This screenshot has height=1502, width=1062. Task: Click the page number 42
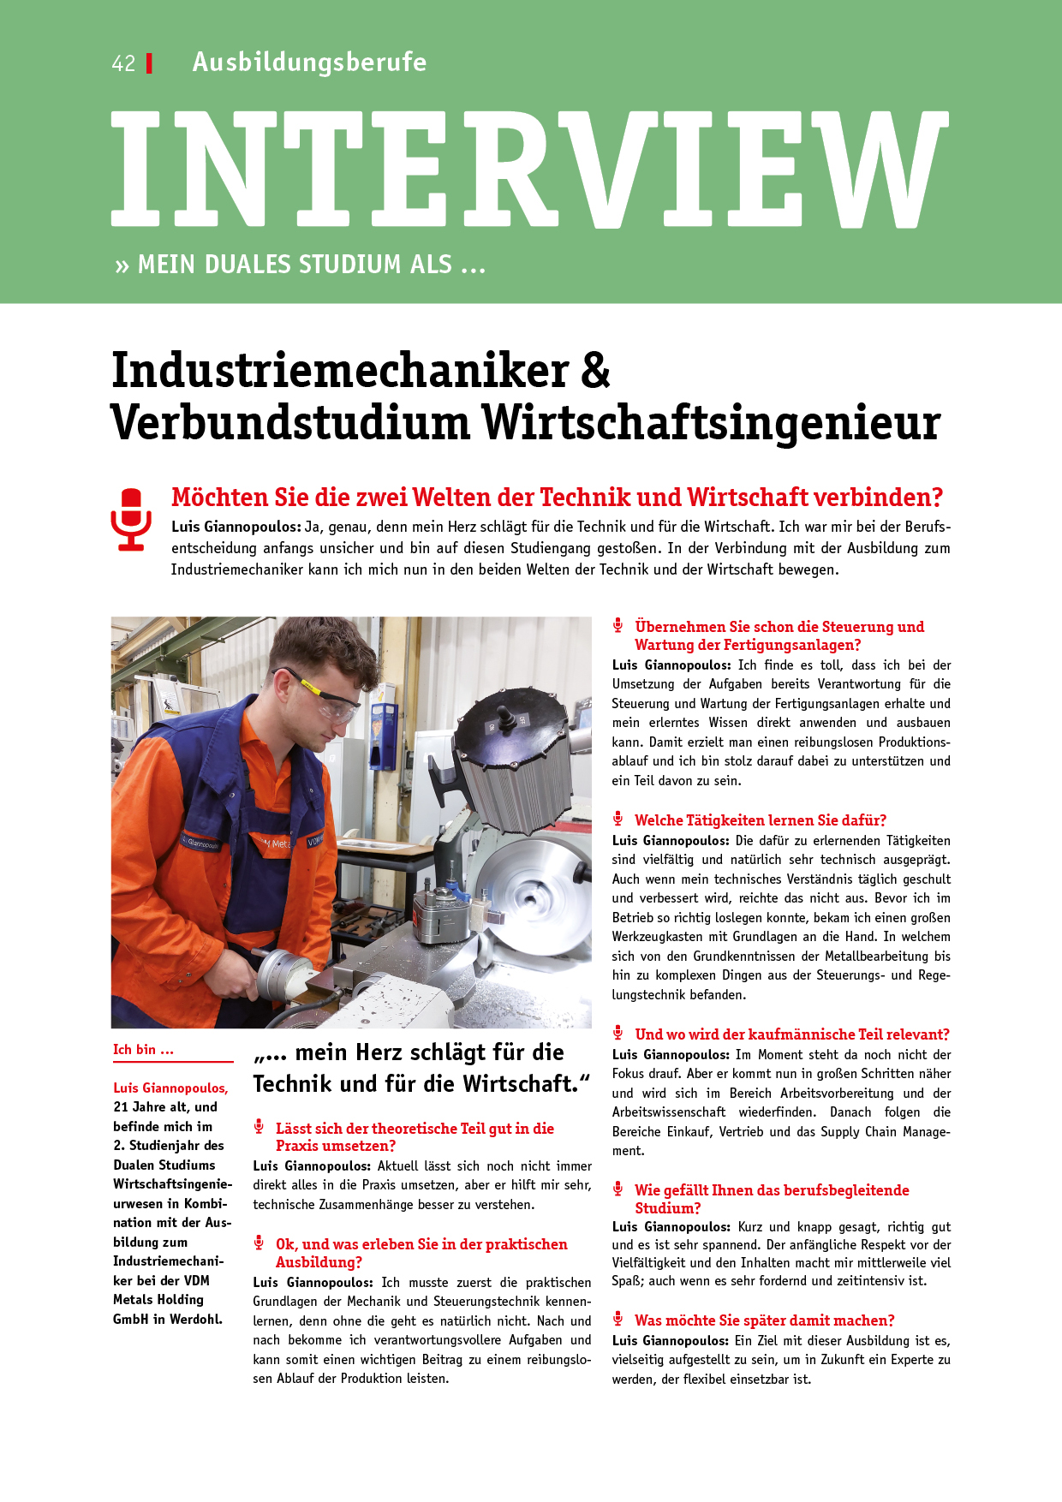coord(123,63)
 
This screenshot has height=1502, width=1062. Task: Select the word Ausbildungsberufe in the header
coord(309,62)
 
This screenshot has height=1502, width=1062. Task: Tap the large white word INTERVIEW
coord(529,170)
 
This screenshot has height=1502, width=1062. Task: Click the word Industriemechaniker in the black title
coord(340,371)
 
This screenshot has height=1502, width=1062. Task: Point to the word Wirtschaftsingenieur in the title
coord(710,422)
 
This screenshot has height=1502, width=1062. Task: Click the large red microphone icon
coord(131,519)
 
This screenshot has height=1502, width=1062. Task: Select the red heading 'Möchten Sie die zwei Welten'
coord(556,497)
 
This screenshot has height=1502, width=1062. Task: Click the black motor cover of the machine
coord(514,729)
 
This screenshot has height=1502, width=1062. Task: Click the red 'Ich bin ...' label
coord(143,1050)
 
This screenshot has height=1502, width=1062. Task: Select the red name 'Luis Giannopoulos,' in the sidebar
coord(170,1088)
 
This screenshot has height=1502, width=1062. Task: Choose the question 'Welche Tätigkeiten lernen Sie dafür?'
coord(760,820)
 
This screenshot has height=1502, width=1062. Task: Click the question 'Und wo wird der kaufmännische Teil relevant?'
coord(791,1034)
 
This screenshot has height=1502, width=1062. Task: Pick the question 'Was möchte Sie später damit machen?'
coord(764,1320)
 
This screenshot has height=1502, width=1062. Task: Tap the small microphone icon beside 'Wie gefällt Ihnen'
coord(618,1189)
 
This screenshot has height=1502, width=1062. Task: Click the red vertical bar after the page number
coord(150,63)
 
